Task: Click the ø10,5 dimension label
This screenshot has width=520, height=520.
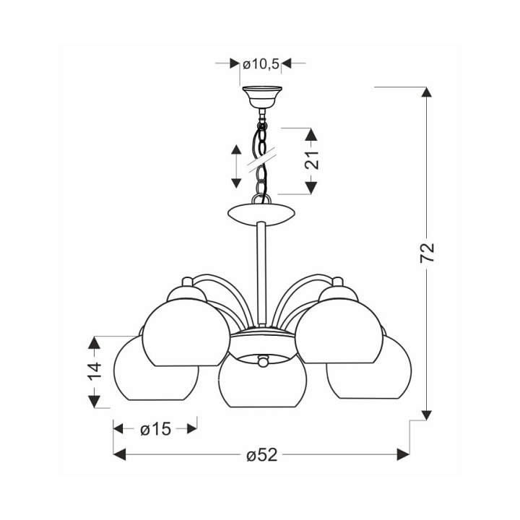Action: tap(261, 64)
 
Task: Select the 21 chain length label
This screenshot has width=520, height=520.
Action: tap(313, 160)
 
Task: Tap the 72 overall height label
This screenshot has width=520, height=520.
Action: tap(427, 253)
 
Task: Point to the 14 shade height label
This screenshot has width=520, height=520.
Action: tap(94, 371)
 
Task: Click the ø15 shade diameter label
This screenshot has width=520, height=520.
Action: tap(155, 429)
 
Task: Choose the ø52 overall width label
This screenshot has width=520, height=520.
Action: tap(261, 455)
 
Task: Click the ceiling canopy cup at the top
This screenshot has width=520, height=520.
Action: tap(262, 97)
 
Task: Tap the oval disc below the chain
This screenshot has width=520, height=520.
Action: tap(261, 216)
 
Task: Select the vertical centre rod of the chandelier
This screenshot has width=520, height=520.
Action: tap(261, 274)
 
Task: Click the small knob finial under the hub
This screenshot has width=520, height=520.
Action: tap(263, 360)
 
